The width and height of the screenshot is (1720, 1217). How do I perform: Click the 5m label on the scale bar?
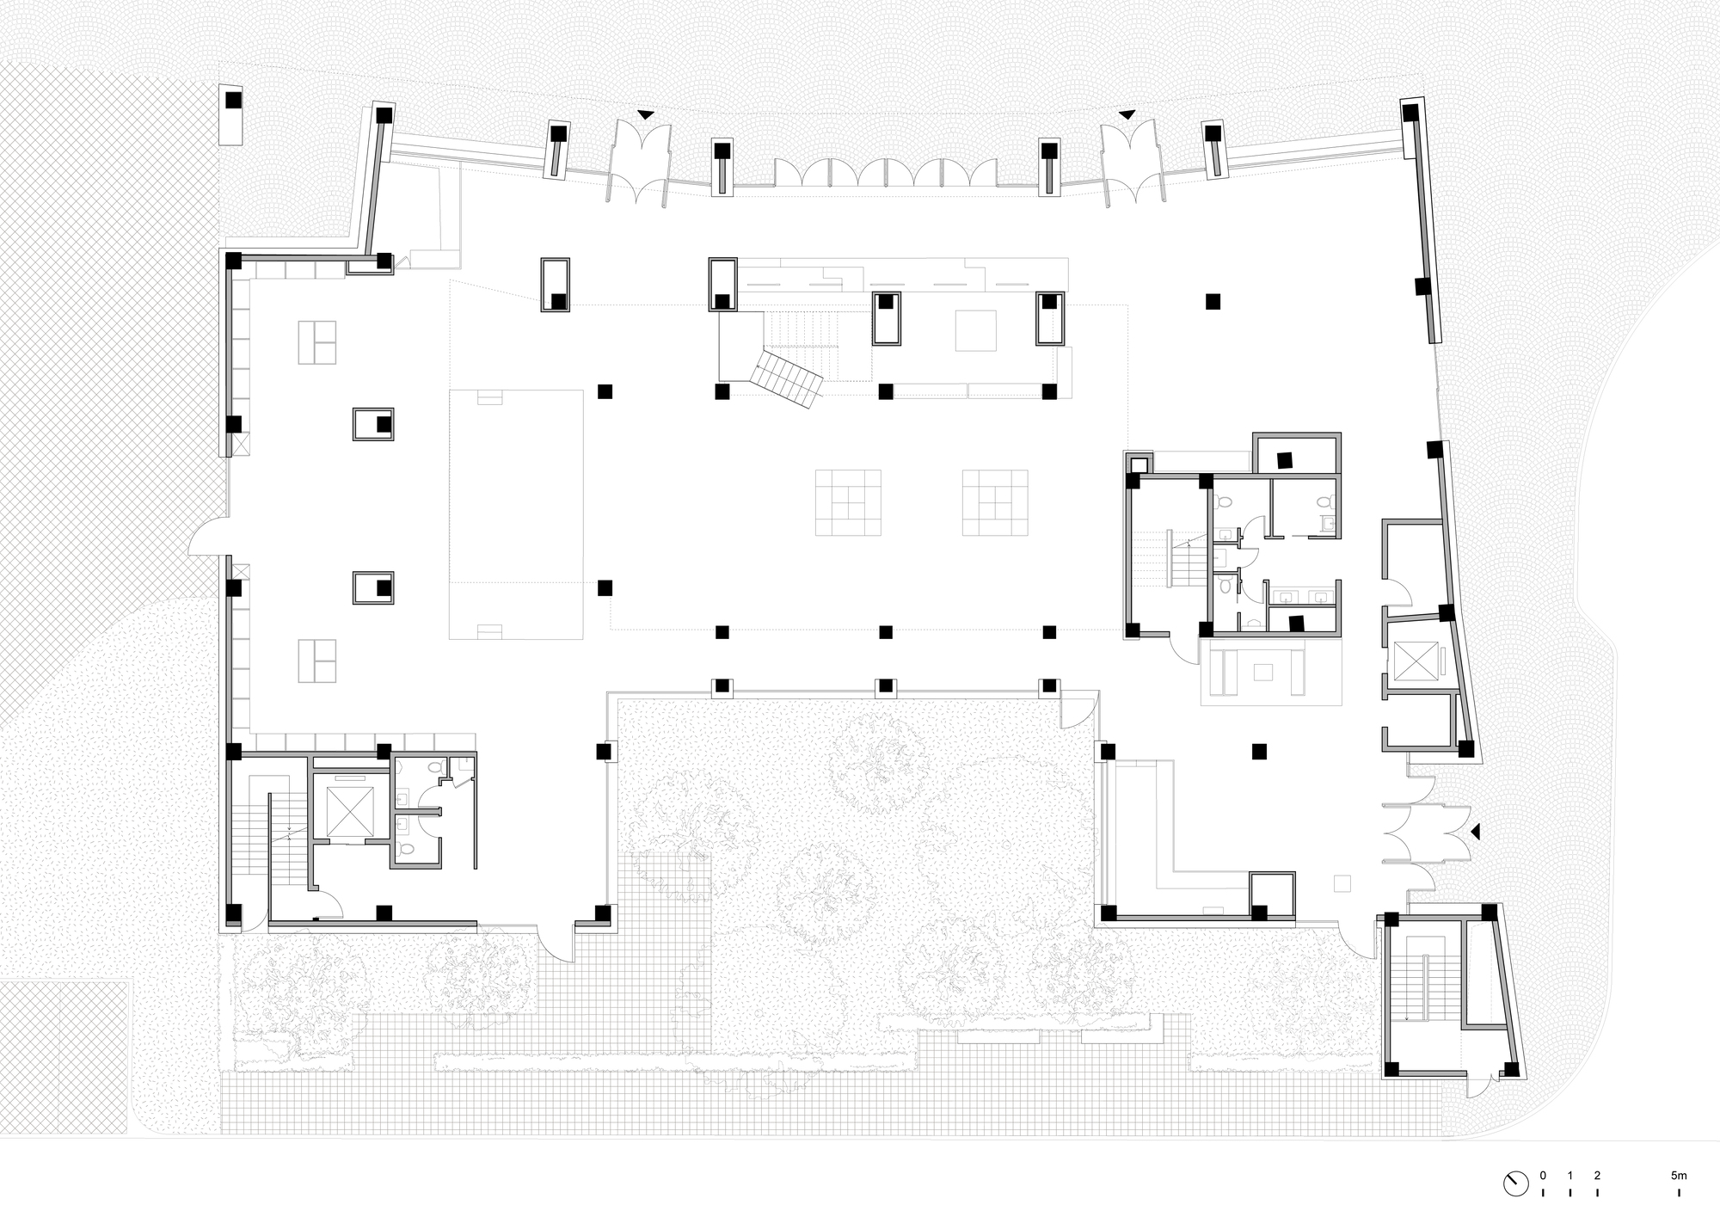[1679, 1175]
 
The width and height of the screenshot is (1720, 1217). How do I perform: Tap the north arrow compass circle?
[1516, 1183]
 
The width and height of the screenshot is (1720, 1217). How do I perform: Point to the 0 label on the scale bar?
[1543, 1175]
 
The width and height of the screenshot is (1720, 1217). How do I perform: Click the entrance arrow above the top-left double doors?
[645, 114]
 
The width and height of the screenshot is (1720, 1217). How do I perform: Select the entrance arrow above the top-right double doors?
[1126, 114]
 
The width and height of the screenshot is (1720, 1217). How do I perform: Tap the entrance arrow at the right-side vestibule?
[1475, 832]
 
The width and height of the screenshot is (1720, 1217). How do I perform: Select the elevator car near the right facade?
[1415, 661]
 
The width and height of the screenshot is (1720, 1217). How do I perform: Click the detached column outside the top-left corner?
[233, 101]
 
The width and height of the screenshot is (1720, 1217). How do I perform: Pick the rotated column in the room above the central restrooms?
[1285, 459]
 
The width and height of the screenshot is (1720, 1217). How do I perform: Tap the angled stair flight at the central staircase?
[788, 378]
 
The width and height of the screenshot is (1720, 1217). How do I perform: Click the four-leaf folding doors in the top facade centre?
[886, 172]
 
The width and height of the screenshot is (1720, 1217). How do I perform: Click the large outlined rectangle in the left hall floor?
[516, 514]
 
